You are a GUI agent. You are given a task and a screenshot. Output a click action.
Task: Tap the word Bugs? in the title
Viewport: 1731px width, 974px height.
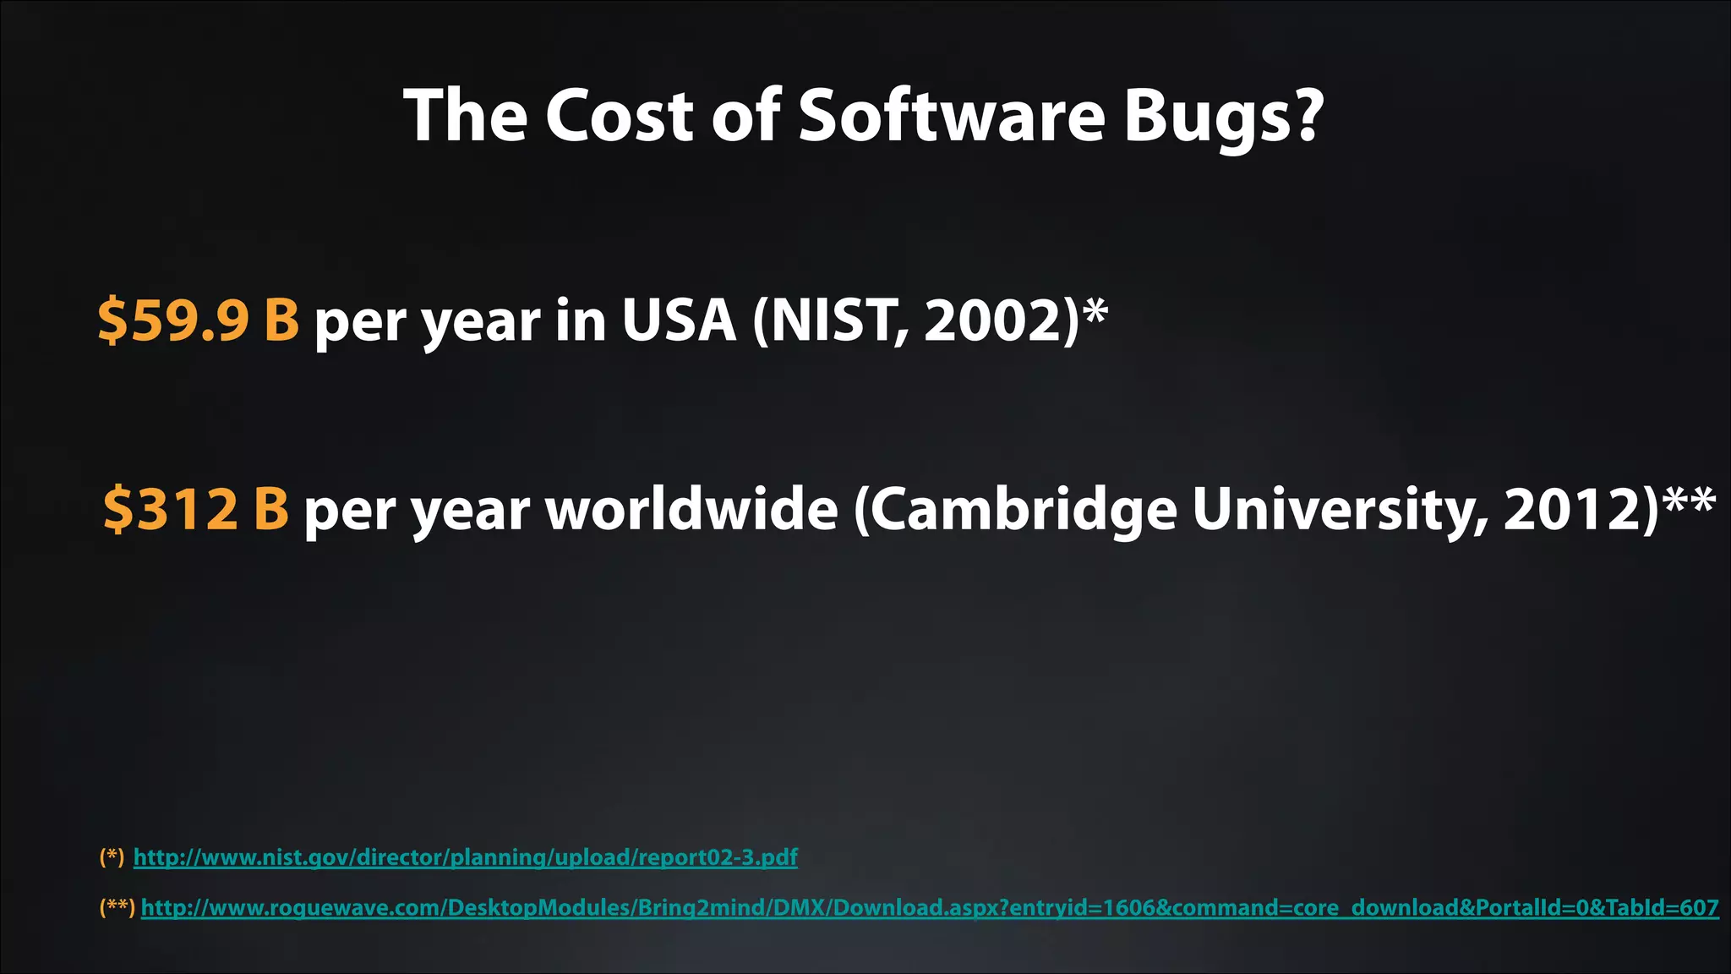tap(1222, 118)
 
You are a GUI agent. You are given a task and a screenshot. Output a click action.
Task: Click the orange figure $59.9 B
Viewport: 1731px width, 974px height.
tap(199, 320)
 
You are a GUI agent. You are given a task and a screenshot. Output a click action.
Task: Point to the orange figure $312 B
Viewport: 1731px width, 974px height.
tap(196, 509)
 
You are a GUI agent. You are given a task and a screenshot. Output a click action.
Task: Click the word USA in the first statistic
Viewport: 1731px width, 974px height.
tap(679, 320)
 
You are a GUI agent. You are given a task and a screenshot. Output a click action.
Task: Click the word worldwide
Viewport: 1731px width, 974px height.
tap(691, 509)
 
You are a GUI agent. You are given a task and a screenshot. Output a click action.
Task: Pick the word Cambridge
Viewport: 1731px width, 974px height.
tap(1024, 511)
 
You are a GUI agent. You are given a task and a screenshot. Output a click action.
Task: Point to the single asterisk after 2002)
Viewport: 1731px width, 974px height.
tap(1095, 311)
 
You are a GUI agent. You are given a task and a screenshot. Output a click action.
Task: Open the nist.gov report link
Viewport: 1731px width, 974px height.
tap(465, 857)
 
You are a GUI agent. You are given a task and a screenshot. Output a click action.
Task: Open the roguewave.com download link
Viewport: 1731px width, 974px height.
tap(930, 908)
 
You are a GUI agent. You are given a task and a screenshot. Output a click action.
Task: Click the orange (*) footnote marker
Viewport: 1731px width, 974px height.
tap(112, 857)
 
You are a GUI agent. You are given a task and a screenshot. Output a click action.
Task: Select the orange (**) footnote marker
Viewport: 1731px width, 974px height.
tap(117, 908)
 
